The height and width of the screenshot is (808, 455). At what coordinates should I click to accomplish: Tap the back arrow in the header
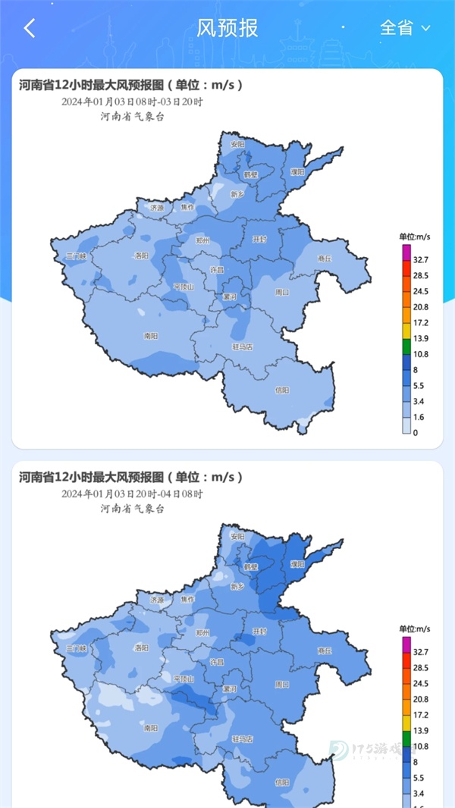click(x=30, y=29)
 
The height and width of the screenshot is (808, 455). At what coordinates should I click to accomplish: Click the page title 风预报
click(x=227, y=28)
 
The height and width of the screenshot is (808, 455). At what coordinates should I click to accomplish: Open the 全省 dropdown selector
click(x=404, y=28)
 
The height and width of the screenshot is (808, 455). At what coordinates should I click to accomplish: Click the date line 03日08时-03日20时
click(x=133, y=102)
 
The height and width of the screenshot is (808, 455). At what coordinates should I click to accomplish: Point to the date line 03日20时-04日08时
click(x=133, y=493)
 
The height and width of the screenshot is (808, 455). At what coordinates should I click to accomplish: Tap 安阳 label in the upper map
click(x=238, y=144)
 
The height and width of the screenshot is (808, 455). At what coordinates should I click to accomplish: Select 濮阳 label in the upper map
click(x=297, y=172)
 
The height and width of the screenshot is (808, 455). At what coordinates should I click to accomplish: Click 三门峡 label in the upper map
click(x=77, y=257)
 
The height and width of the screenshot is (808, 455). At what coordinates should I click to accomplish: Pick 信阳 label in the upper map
click(x=282, y=390)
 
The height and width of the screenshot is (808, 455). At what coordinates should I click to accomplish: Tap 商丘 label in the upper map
click(x=325, y=258)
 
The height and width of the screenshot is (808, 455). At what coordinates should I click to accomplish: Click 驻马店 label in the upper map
click(x=242, y=346)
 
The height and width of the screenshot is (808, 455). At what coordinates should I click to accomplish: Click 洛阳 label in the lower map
click(x=141, y=648)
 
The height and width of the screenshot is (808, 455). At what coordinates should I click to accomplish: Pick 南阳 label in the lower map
click(x=150, y=728)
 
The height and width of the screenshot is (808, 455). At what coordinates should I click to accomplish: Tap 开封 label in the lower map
click(x=259, y=631)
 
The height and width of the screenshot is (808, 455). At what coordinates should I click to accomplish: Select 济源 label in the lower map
click(x=157, y=599)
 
